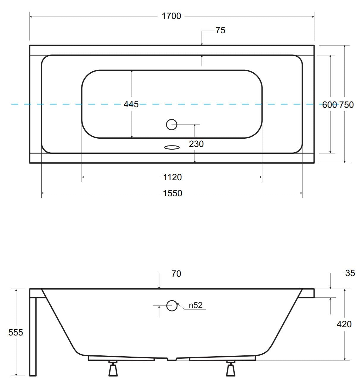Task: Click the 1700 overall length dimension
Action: (x=171, y=16)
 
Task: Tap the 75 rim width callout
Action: (x=220, y=30)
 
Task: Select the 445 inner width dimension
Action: (x=131, y=104)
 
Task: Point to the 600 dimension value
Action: (x=329, y=105)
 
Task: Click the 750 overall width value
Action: (x=346, y=105)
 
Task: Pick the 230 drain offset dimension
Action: (x=196, y=144)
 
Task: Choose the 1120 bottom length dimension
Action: (x=172, y=177)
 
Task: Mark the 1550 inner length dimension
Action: (x=172, y=193)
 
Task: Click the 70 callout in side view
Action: (x=176, y=274)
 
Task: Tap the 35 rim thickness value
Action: (x=350, y=273)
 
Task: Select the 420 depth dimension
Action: (x=344, y=324)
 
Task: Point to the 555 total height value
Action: (x=15, y=333)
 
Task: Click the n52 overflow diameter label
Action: (x=195, y=305)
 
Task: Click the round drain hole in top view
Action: (x=171, y=124)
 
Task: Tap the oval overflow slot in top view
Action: (x=172, y=147)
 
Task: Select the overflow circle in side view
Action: (x=172, y=306)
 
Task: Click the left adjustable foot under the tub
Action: (x=113, y=369)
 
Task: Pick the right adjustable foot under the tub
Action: (x=230, y=369)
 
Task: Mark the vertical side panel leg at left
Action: (x=33, y=335)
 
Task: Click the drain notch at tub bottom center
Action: (x=172, y=359)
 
